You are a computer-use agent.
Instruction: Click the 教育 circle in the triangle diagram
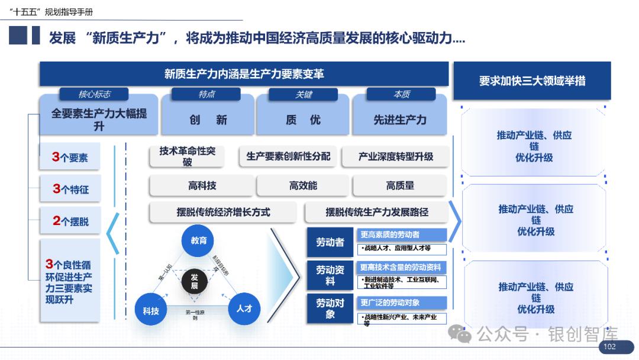(198, 240)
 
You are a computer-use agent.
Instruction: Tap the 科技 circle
(151, 310)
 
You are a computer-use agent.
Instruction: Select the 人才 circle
(244, 308)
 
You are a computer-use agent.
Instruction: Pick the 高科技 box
(202, 186)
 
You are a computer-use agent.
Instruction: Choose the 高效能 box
(303, 186)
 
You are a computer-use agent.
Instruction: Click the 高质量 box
(400, 186)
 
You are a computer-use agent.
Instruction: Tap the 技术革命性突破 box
(188, 156)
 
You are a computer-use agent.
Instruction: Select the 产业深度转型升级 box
(395, 156)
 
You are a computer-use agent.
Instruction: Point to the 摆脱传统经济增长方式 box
(223, 212)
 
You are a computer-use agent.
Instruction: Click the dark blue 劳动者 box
(330, 242)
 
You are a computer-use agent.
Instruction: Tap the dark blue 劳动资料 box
(330, 275)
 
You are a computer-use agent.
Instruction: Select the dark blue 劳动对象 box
(330, 308)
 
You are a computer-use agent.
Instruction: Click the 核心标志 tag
(94, 94)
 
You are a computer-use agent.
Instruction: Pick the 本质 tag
(401, 94)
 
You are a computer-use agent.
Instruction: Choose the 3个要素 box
(70, 157)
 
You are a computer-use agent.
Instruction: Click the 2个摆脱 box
(70, 221)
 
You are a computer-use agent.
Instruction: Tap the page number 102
(609, 347)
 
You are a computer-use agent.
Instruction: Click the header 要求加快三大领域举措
(532, 81)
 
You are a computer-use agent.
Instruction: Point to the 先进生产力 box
(399, 120)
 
